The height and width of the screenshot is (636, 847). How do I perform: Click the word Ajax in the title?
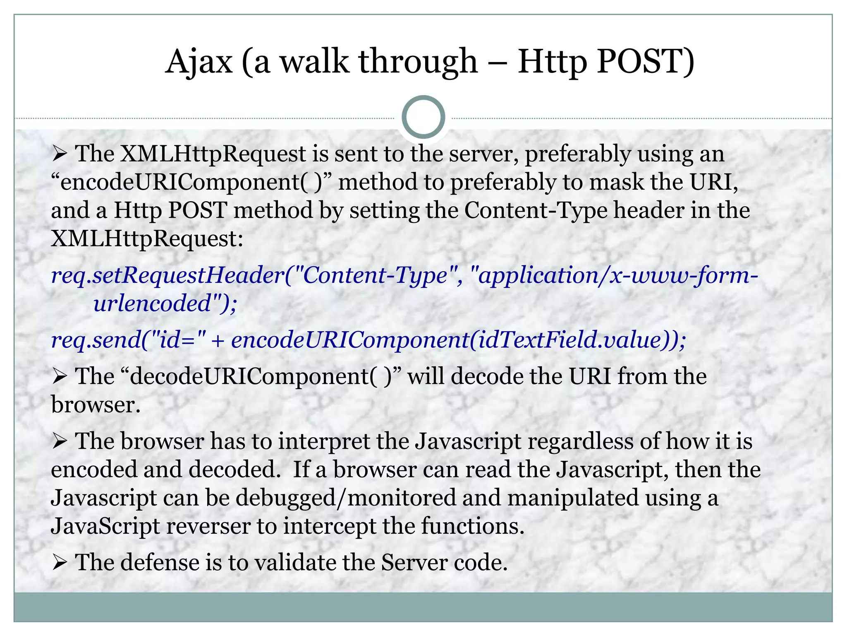click(199, 62)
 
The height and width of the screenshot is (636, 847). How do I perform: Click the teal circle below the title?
click(423, 117)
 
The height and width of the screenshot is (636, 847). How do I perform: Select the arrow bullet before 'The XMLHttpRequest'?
click(60, 155)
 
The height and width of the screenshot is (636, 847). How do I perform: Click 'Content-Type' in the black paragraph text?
click(536, 210)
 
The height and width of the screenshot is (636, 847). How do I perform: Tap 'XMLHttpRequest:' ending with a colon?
click(147, 239)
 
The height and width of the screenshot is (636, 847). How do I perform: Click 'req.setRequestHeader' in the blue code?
click(167, 275)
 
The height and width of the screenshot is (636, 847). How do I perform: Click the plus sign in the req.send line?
click(218, 341)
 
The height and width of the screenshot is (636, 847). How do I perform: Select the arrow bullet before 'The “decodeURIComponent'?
click(60, 377)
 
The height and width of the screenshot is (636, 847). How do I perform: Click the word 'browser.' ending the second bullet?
click(96, 405)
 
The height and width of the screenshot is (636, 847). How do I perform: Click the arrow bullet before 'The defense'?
click(60, 563)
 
